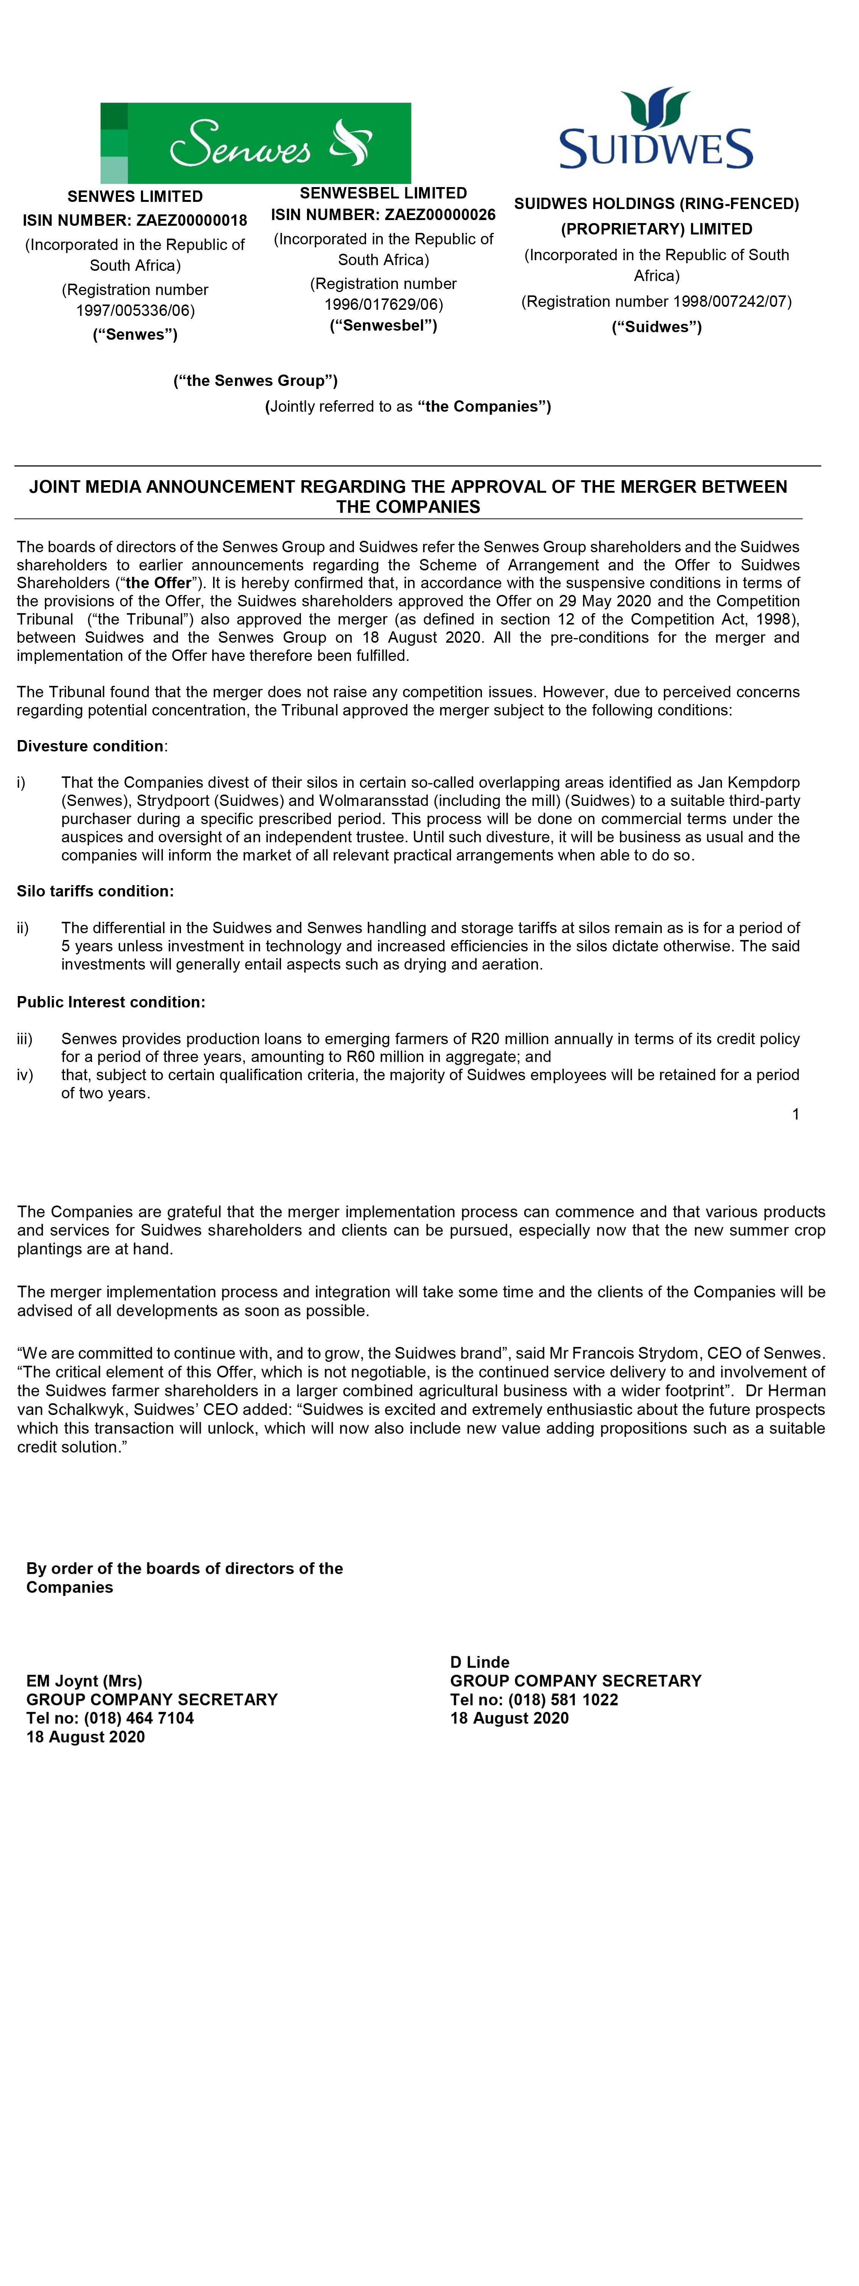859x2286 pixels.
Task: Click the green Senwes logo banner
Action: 256,143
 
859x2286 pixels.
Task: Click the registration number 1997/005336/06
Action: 135,311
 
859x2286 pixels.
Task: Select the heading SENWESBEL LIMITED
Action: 384,192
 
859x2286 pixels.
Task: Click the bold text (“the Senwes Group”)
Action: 256,381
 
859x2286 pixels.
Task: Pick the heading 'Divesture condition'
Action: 90,746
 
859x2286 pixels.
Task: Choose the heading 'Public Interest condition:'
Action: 111,1002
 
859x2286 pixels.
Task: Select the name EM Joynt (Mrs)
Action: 84,1681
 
